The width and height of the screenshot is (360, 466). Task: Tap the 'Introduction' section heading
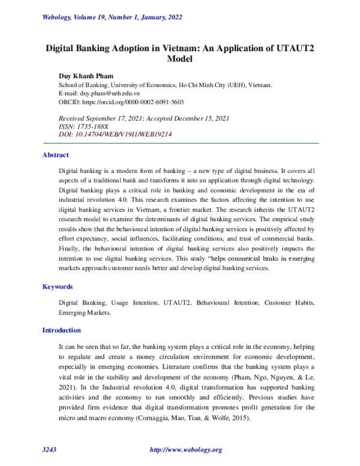click(x=61, y=330)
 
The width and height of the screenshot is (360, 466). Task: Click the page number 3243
click(x=50, y=449)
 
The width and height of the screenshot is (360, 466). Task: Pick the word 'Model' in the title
click(x=180, y=59)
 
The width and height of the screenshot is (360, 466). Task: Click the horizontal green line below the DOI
click(x=180, y=142)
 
